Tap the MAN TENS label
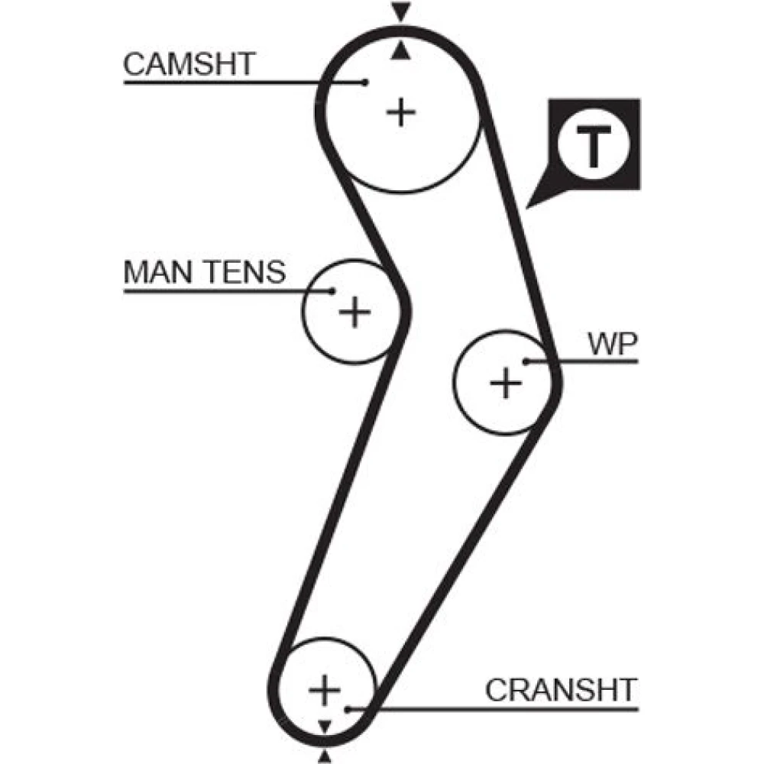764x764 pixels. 204,272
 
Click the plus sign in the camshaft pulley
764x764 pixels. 400,113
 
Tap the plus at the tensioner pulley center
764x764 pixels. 354,312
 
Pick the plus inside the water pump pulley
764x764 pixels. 505,382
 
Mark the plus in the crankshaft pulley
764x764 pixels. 325,690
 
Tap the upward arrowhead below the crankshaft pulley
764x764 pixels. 325,756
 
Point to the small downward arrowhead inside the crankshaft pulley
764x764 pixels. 325,724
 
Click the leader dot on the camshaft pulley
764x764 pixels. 366,81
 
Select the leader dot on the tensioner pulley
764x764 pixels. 332,290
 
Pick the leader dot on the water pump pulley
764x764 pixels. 526,361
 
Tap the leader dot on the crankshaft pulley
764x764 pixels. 348,709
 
